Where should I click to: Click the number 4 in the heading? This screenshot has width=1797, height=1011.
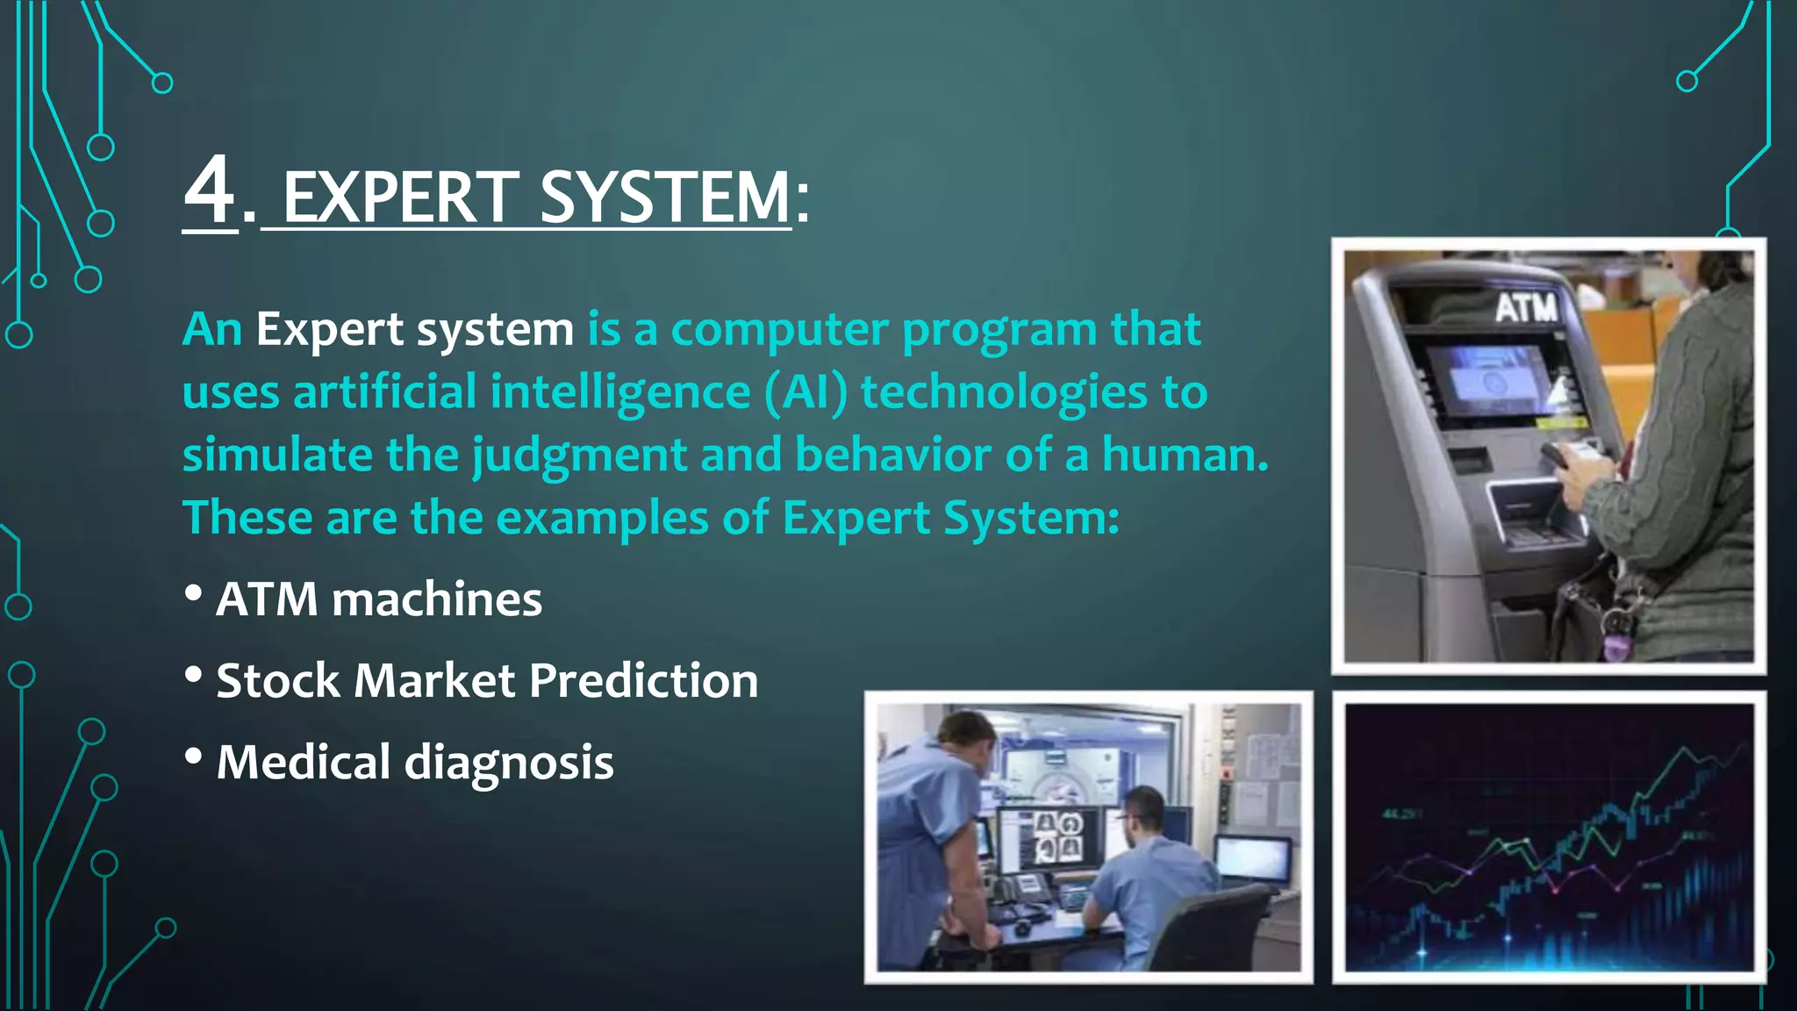tap(211, 191)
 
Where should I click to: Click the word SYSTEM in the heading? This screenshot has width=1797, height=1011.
tap(664, 197)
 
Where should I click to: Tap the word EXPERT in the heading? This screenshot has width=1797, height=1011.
tap(401, 197)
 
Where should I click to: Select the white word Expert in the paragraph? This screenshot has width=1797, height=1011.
tap(330, 330)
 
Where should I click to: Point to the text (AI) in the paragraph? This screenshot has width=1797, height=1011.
tap(806, 392)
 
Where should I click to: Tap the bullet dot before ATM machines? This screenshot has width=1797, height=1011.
tap(194, 594)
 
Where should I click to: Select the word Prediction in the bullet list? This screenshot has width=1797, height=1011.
tap(644, 681)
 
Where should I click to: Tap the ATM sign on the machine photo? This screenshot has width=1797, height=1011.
tap(1526, 308)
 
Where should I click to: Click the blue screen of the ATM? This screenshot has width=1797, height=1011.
tap(1489, 380)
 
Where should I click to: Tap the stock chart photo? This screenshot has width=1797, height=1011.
tap(1549, 837)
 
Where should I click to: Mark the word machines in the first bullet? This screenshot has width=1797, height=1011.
tap(437, 600)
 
